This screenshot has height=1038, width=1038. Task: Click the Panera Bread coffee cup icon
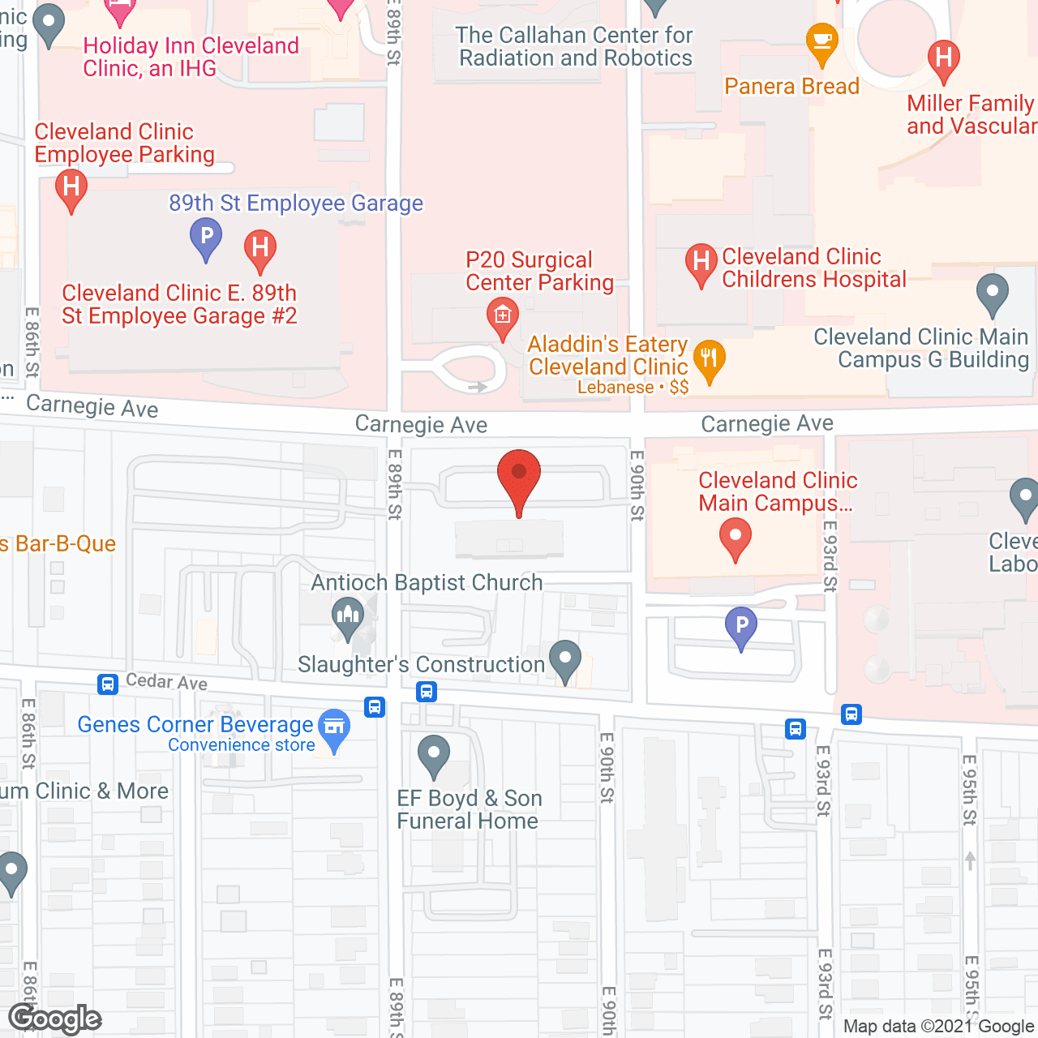(822, 41)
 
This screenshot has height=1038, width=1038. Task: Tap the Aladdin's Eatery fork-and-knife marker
(709, 359)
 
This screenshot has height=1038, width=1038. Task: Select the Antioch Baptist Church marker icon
(348, 616)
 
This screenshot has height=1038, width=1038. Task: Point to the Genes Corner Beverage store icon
(333, 727)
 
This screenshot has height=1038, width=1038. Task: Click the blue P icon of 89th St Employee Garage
(206, 237)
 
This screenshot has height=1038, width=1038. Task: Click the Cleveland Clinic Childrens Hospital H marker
(701, 263)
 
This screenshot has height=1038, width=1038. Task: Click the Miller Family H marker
(943, 59)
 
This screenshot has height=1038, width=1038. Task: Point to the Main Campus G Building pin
(992, 293)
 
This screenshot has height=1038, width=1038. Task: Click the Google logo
(55, 1019)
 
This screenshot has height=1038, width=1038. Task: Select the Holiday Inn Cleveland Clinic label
(191, 57)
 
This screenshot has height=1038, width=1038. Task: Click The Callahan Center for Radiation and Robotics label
(575, 47)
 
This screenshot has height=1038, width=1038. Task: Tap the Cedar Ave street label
(166, 682)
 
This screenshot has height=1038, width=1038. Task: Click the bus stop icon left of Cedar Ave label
(108, 684)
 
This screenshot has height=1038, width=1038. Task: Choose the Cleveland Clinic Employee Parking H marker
(71, 188)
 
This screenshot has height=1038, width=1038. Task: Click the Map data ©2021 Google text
(938, 1026)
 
